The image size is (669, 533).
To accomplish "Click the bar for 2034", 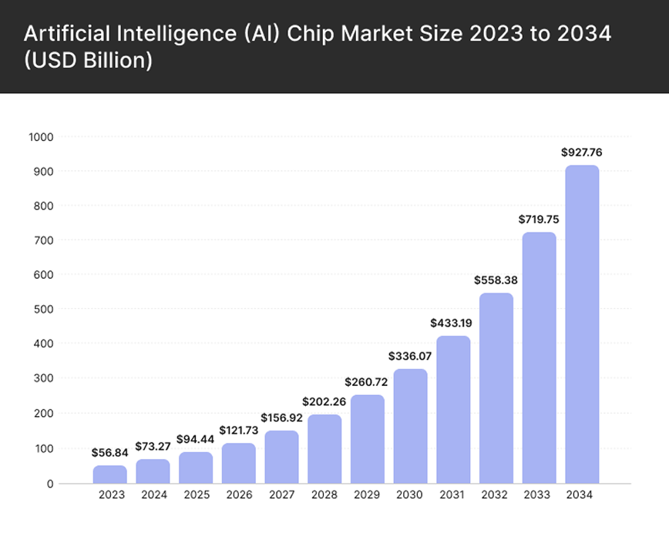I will (x=582, y=324).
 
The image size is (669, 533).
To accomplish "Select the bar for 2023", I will (x=110, y=474).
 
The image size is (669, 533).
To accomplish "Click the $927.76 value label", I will (x=582, y=153).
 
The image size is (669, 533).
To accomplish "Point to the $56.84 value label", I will (x=110, y=452).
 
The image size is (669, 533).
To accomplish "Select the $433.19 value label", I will (x=453, y=323).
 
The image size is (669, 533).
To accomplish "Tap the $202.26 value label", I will (x=324, y=401).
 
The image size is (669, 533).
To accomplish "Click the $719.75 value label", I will (x=539, y=220).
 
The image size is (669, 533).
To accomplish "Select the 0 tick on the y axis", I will (x=49, y=484).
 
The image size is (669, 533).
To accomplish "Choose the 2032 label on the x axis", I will (x=496, y=495).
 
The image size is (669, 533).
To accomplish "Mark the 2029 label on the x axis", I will (x=368, y=495).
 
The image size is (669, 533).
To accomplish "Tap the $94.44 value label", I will (x=196, y=439).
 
